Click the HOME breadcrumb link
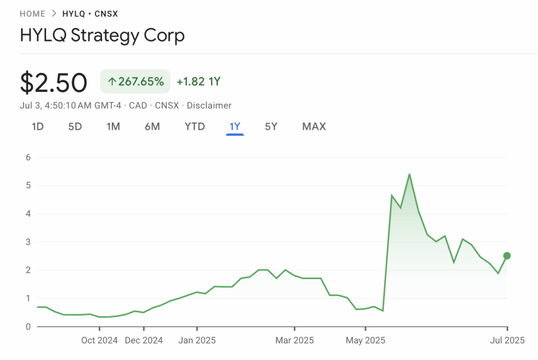tap(33, 14)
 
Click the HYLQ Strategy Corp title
tap(102, 36)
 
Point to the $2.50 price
tap(54, 83)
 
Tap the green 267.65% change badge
tap(135, 81)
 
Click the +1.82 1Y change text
tap(199, 81)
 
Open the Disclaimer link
tap(209, 106)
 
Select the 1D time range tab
tap(38, 127)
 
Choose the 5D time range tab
tap(75, 127)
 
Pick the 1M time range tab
tap(113, 127)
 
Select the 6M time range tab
tap(152, 127)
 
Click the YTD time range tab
tap(194, 127)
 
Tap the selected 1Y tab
tap(235, 127)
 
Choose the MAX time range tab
tap(314, 127)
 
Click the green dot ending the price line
tap(507, 256)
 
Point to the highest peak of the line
tap(409, 174)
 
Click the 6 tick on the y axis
tap(28, 157)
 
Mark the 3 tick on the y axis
tap(28, 242)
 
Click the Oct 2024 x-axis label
tap(100, 341)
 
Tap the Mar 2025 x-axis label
tap(295, 341)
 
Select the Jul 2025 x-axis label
tap(507, 341)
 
